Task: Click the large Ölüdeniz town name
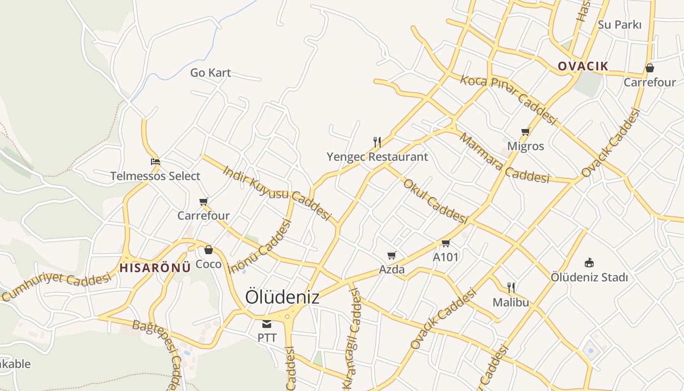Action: tap(282, 297)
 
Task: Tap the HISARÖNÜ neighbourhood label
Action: tap(155, 268)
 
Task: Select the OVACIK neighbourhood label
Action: tap(583, 66)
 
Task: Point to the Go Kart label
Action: tap(211, 73)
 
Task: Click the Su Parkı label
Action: tap(620, 24)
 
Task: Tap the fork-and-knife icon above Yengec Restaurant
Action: tap(377, 142)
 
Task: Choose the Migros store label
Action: tap(525, 146)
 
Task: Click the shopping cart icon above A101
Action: tap(446, 243)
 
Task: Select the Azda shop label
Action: tap(392, 269)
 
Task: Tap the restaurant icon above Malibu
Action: tap(511, 287)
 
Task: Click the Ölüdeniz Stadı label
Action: tap(589, 277)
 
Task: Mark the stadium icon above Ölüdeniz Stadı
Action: tap(589, 263)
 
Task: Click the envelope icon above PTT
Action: tap(267, 324)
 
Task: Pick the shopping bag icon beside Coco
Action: tap(209, 250)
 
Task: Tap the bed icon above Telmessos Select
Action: tap(155, 161)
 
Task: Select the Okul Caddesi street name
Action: tap(435, 201)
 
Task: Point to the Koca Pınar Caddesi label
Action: tap(509, 100)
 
